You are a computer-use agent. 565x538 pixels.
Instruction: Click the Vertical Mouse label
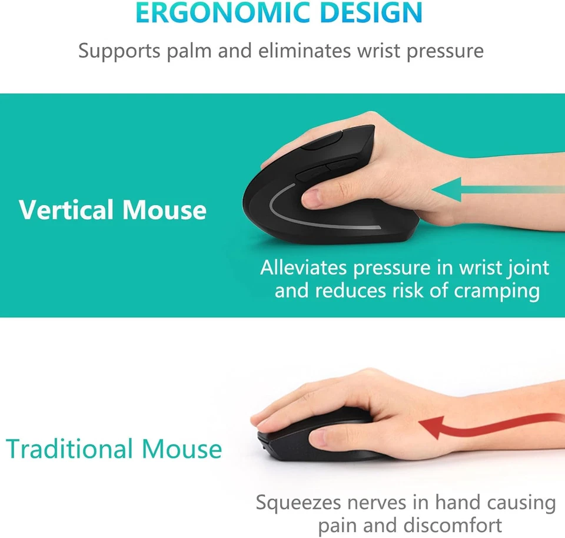click(112, 210)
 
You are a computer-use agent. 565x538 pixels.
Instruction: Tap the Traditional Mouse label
click(114, 449)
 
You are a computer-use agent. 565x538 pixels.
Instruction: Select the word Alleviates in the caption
click(304, 268)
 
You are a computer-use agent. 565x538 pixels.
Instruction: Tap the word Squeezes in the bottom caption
click(298, 503)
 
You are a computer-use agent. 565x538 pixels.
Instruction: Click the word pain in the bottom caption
click(338, 525)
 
